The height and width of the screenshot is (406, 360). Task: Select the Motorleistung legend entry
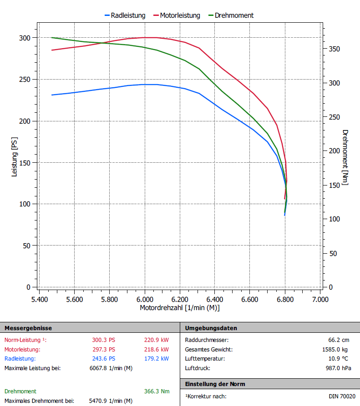click(x=180, y=15)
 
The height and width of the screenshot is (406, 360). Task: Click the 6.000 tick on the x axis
click(x=145, y=300)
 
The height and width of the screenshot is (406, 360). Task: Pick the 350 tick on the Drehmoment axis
click(x=335, y=49)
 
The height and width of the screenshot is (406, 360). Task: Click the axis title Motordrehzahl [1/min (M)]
click(x=180, y=308)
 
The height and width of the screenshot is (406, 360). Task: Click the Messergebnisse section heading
click(x=28, y=328)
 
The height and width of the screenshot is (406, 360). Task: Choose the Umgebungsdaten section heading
click(x=211, y=328)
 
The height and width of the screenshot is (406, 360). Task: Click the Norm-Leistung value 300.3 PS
click(x=104, y=340)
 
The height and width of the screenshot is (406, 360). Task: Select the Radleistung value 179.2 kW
click(x=156, y=359)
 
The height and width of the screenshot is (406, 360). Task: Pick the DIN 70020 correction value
click(x=342, y=396)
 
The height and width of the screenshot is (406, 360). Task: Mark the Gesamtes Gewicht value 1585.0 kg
click(x=339, y=349)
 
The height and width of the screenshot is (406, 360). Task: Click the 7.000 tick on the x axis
click(x=320, y=300)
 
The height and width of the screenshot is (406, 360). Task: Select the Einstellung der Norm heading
click(x=215, y=384)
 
